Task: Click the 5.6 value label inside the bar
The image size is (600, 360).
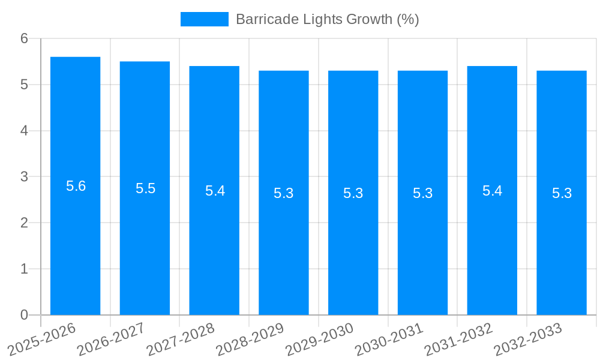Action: click(x=76, y=186)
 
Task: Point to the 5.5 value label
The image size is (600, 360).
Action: click(x=145, y=188)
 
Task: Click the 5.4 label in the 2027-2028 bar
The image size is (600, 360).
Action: click(x=215, y=191)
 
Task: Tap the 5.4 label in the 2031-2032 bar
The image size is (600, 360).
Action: click(x=492, y=191)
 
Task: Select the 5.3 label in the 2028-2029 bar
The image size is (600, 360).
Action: click(x=284, y=193)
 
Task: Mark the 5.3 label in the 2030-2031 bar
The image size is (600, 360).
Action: click(x=422, y=193)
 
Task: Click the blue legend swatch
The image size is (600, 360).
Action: click(x=204, y=19)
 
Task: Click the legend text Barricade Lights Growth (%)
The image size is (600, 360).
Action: click(x=327, y=19)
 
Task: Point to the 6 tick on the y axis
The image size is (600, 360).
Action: click(x=24, y=38)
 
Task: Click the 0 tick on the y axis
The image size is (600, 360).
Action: click(x=24, y=315)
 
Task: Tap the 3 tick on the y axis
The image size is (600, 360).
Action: click(x=24, y=177)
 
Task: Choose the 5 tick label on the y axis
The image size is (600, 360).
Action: click(x=24, y=85)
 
